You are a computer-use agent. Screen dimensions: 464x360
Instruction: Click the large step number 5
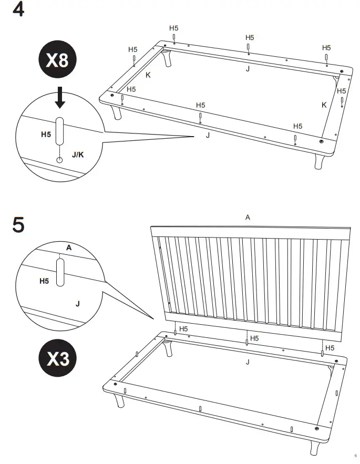pyautogui.click(x=18, y=224)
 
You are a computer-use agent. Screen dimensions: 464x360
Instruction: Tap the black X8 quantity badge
pyautogui.click(x=57, y=61)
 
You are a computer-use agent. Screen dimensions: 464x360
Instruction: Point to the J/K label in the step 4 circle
pyautogui.click(x=77, y=155)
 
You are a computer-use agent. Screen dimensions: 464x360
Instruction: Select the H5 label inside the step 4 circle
pyautogui.click(x=46, y=135)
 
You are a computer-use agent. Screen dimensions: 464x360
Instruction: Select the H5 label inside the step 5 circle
pyautogui.click(x=45, y=281)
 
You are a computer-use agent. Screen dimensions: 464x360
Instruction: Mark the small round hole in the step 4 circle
pyautogui.click(x=59, y=158)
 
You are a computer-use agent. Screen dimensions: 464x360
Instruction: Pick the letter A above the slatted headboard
pyautogui.click(x=248, y=217)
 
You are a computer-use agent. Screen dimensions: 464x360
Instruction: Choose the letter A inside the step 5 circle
pyautogui.click(x=68, y=248)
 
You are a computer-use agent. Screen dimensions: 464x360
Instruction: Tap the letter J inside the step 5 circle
pyautogui.click(x=77, y=304)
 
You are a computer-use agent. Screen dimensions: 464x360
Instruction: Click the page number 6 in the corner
pyautogui.click(x=348, y=455)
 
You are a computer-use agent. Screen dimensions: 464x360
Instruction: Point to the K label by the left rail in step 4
pyautogui.click(x=148, y=75)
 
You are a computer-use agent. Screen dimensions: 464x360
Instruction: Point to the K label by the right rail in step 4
pyautogui.click(x=324, y=105)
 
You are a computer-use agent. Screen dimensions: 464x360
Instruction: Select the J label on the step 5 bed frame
pyautogui.click(x=248, y=362)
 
